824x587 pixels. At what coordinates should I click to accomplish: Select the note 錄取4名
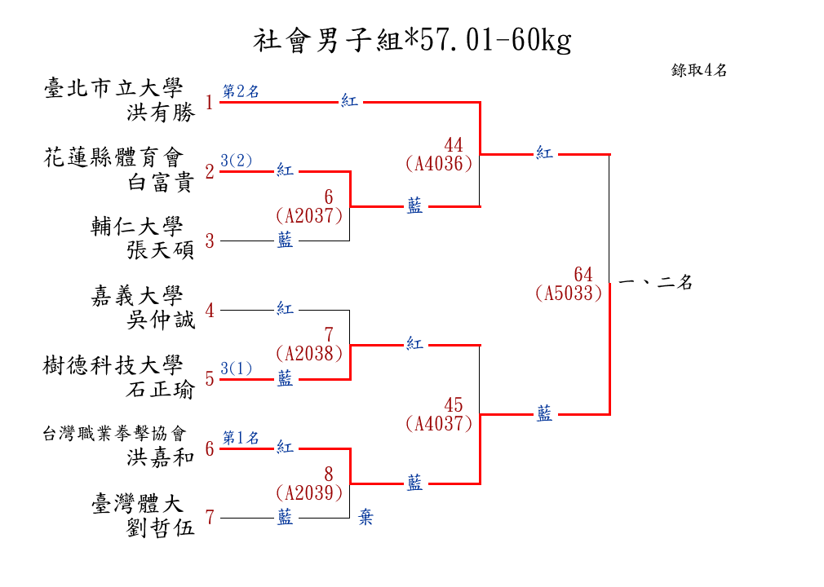point(699,70)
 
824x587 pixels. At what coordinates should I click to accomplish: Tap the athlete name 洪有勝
point(162,113)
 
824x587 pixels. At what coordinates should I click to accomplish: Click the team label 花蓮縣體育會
point(113,157)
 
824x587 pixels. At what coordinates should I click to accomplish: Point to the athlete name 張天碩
point(162,251)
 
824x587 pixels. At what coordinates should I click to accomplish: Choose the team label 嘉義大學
point(137,297)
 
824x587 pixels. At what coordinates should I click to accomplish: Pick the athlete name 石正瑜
point(162,391)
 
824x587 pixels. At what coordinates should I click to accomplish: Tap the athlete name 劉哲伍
point(162,528)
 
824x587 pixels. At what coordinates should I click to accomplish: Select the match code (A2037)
point(309,215)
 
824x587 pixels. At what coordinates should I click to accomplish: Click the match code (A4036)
point(439,164)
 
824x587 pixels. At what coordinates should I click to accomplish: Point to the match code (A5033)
point(569,293)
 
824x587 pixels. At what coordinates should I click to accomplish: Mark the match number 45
point(454,405)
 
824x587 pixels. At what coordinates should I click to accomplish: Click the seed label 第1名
point(241,438)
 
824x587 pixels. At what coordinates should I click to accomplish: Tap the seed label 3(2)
point(236,161)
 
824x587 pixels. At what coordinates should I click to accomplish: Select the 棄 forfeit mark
point(365,518)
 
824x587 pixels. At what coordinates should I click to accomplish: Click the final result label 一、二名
point(656,283)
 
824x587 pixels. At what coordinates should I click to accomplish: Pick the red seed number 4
point(210,311)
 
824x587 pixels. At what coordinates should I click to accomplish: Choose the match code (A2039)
point(309,492)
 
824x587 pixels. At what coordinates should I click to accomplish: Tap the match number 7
point(329,335)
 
